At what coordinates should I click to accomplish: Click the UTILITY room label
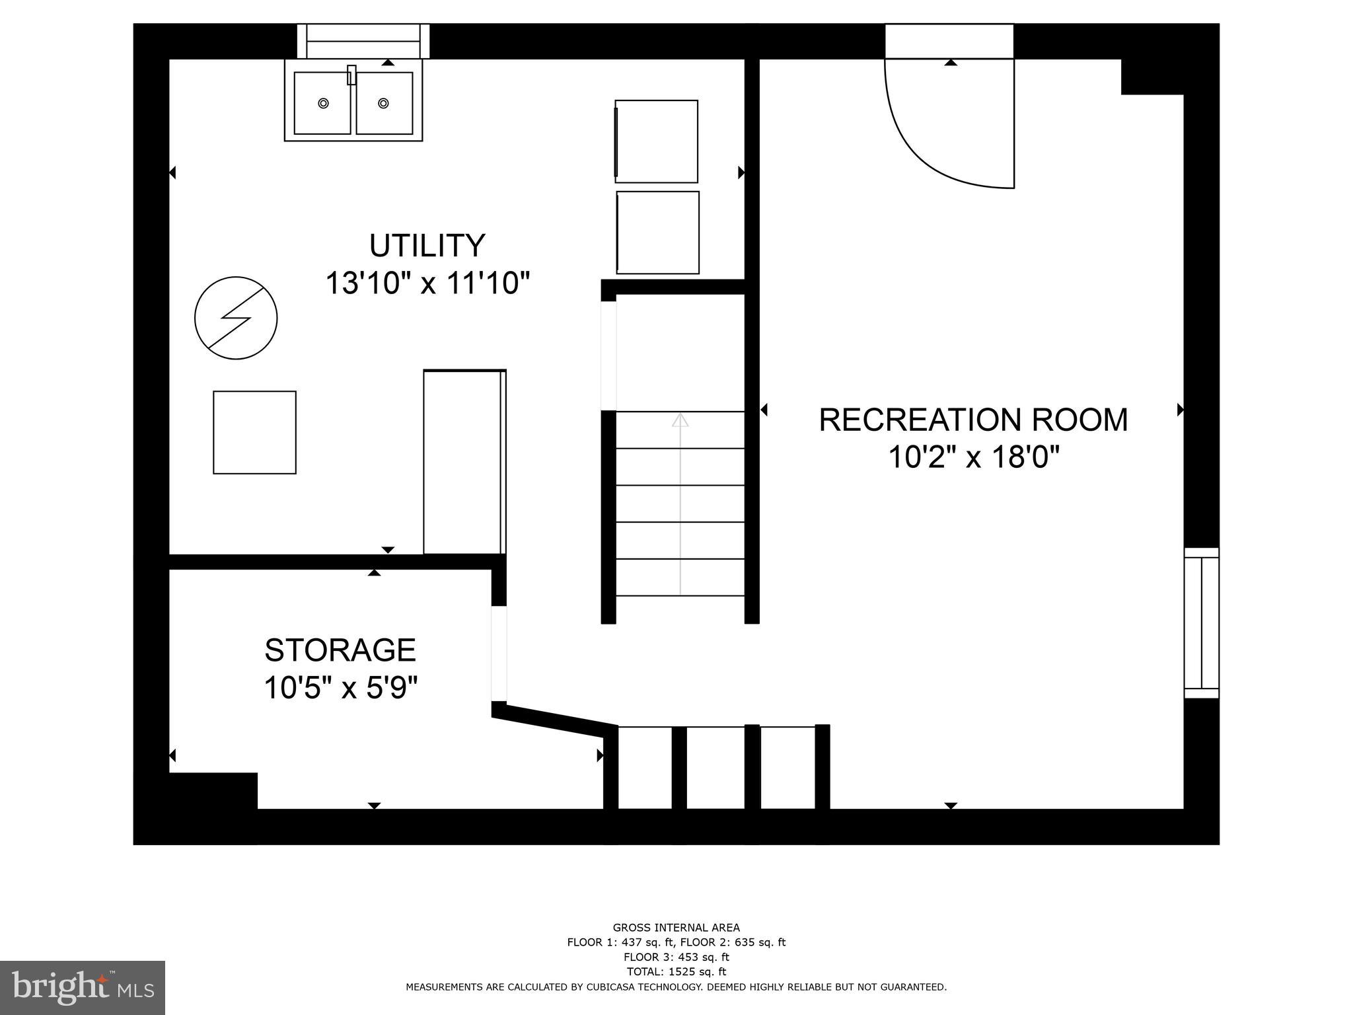pos(427,245)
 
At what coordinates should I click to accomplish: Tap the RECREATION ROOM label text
pos(973,420)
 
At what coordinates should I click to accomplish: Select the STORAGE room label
pos(340,650)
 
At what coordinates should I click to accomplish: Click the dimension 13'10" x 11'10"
pos(427,284)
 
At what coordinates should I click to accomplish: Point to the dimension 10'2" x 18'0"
pos(973,457)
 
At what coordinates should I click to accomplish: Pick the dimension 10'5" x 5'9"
pos(340,688)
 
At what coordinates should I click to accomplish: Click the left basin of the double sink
pos(324,104)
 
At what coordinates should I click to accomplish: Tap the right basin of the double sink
pos(384,104)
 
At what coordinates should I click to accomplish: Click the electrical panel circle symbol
pos(236,318)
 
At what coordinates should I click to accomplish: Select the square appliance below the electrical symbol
pos(254,432)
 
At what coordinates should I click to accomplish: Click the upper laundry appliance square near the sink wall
pos(657,141)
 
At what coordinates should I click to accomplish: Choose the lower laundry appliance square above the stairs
pos(658,233)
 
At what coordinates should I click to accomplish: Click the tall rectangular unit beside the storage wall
pos(464,462)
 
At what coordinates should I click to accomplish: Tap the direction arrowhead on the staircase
pos(680,419)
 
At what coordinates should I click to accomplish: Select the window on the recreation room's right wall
pos(1201,622)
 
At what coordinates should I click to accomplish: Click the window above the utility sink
pos(363,41)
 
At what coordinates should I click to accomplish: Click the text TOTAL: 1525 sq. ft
pos(676,971)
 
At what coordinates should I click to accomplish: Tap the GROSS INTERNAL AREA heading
pos(676,928)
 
